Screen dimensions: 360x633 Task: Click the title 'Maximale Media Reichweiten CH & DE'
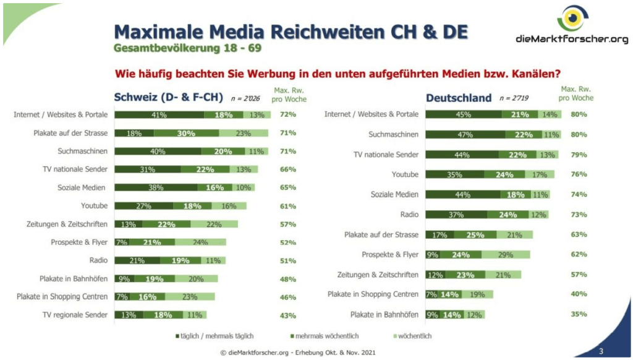click(x=291, y=32)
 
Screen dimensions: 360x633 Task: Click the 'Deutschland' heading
click(x=459, y=98)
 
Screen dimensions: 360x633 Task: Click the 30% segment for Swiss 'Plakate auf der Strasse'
click(x=186, y=133)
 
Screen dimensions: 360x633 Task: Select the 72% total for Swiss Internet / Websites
click(x=287, y=114)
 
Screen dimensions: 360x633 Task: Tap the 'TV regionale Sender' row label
click(x=75, y=315)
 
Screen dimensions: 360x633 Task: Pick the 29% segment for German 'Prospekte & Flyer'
click(x=505, y=254)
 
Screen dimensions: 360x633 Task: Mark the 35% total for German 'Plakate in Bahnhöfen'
click(x=579, y=314)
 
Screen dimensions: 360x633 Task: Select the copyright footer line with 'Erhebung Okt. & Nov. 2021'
click(x=297, y=353)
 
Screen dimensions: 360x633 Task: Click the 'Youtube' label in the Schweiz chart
click(x=94, y=205)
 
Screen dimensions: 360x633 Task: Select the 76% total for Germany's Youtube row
click(x=579, y=174)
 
